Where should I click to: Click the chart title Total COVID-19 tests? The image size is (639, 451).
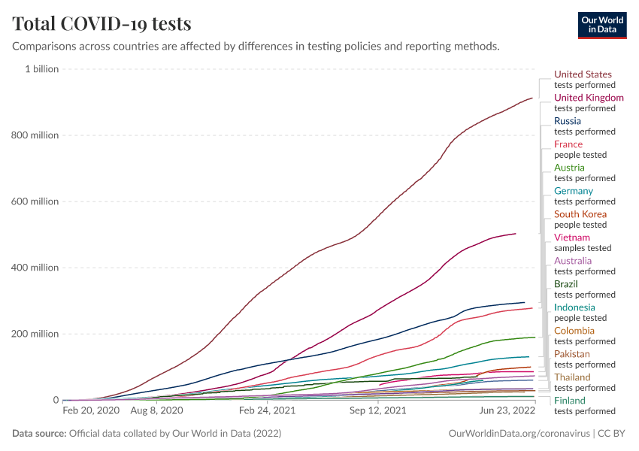click(x=101, y=24)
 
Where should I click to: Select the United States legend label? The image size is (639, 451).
click(x=583, y=74)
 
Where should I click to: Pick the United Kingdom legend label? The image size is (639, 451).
click(x=589, y=98)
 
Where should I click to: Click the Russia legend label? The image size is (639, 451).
click(x=567, y=121)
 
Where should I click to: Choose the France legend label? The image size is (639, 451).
click(x=568, y=144)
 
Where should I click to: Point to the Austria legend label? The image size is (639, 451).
click(x=569, y=168)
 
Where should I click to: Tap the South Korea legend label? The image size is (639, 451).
click(x=580, y=214)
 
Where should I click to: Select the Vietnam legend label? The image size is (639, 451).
click(x=571, y=238)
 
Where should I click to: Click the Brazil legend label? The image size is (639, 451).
click(x=565, y=284)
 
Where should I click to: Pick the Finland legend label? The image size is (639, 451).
click(x=569, y=401)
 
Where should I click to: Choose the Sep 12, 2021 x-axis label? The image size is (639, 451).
click(x=379, y=411)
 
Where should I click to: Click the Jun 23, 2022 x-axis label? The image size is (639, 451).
click(x=508, y=411)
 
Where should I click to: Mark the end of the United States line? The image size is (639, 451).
click(x=532, y=98)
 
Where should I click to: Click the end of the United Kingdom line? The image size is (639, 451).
click(x=516, y=234)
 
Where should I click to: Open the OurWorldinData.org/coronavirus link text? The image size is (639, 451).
click(x=519, y=434)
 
